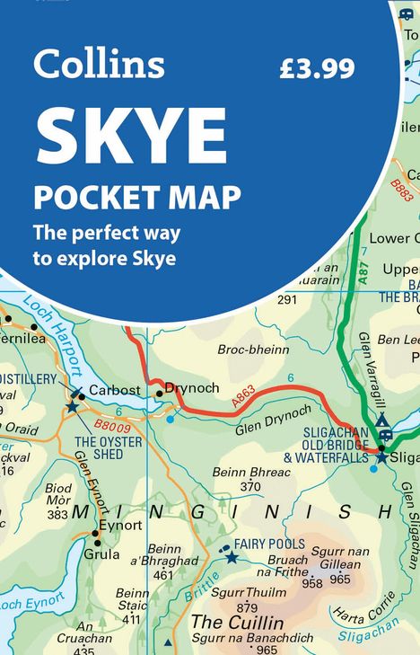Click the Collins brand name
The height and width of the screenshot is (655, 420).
(99, 64)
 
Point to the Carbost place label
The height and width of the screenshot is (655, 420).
(113, 391)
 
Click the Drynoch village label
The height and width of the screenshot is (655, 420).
(193, 388)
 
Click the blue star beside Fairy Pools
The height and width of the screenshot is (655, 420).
(232, 558)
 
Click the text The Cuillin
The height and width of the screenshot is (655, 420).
(237, 623)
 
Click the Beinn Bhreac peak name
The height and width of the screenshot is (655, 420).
(250, 473)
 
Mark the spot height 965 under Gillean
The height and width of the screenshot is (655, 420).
(340, 580)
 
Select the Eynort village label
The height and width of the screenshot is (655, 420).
(120, 526)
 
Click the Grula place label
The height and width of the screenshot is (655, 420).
(101, 554)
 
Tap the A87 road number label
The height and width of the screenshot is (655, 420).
(363, 271)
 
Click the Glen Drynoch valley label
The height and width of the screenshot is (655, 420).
(274, 420)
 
